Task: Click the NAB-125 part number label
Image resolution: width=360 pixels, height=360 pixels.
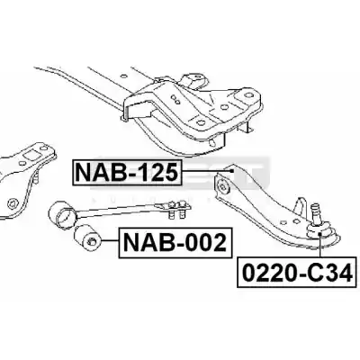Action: click(127, 173)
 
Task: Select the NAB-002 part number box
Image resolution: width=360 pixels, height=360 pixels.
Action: click(175, 243)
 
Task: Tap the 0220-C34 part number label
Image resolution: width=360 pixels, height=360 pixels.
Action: click(298, 273)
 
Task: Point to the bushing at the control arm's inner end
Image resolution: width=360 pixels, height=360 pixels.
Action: click(223, 186)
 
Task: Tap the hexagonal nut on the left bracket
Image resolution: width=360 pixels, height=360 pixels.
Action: click(12, 203)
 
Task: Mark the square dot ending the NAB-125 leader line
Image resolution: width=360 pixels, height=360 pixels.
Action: click(231, 171)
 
